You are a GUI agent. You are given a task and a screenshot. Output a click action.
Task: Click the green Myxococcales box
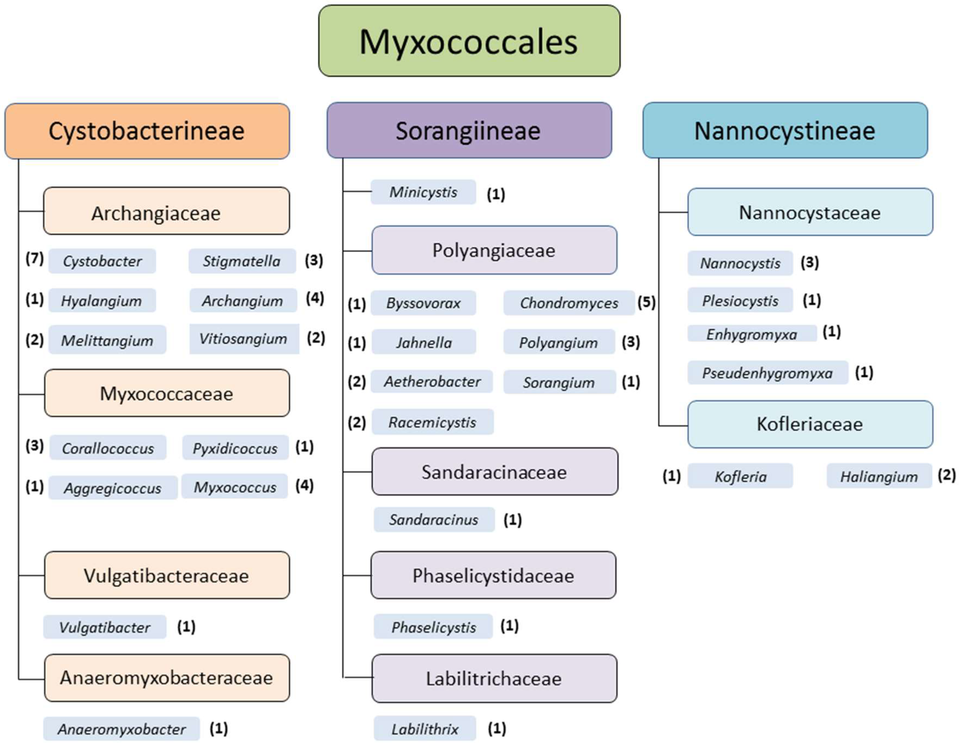(x=469, y=41)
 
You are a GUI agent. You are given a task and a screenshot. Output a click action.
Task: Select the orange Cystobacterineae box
(x=147, y=131)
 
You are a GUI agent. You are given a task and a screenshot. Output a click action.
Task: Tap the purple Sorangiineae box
(x=469, y=131)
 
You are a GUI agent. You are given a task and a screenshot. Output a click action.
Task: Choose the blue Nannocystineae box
(x=785, y=131)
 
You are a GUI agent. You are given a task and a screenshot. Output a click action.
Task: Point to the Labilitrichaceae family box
(x=494, y=679)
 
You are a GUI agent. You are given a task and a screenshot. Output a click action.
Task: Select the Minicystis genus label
(x=423, y=192)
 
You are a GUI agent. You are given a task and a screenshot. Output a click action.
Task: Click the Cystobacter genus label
(x=102, y=261)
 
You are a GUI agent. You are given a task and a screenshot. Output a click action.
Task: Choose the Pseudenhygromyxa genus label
(x=767, y=373)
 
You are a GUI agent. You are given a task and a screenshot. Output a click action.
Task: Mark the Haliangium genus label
(x=879, y=476)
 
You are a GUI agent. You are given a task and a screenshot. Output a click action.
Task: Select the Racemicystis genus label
(x=432, y=422)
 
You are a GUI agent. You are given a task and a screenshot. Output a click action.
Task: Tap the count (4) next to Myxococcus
(x=304, y=486)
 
